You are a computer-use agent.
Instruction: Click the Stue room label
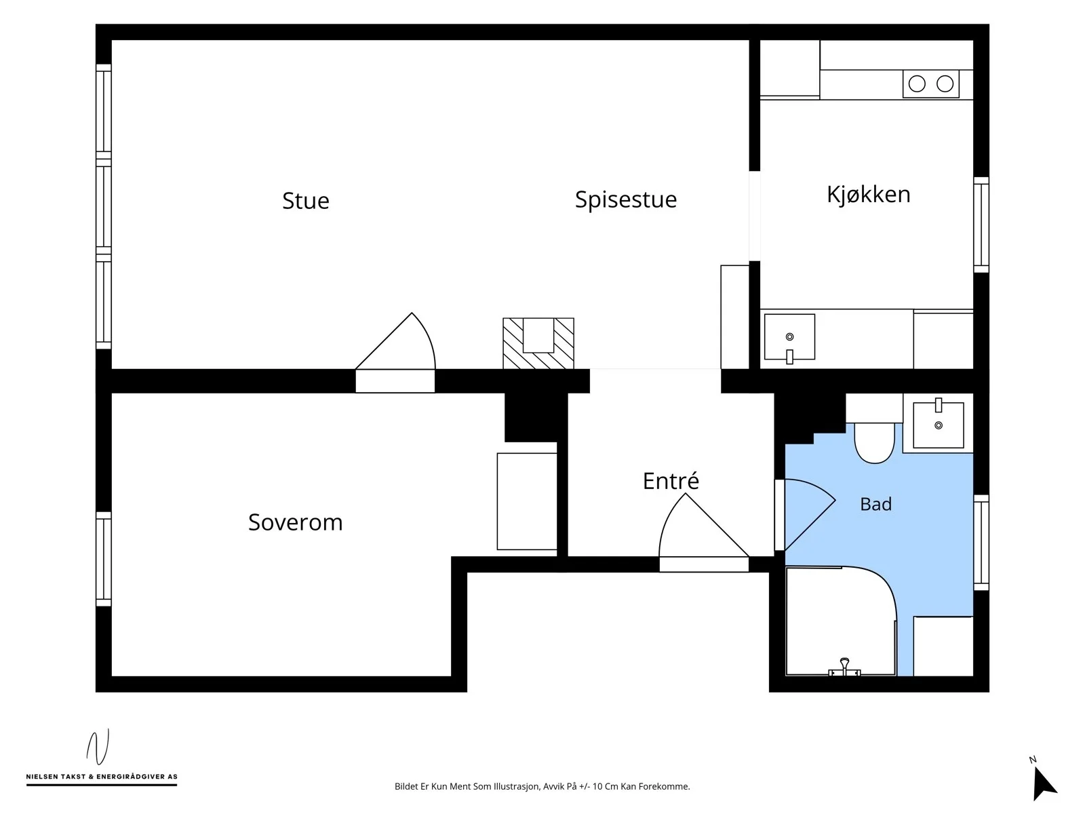(305, 200)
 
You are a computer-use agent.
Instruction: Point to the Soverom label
(295, 522)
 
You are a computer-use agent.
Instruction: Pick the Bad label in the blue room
(875, 504)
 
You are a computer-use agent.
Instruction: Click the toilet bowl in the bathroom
(874, 442)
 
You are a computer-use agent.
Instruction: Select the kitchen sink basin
(789, 336)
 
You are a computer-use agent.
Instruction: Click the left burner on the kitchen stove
(916, 83)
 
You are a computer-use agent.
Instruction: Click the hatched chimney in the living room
(538, 343)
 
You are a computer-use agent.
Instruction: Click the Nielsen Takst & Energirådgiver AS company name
(101, 777)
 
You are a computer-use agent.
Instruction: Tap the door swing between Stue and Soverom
(395, 341)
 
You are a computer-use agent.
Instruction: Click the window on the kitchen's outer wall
(981, 225)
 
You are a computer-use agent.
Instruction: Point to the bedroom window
(103, 558)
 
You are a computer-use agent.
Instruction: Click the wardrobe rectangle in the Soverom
(526, 501)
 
